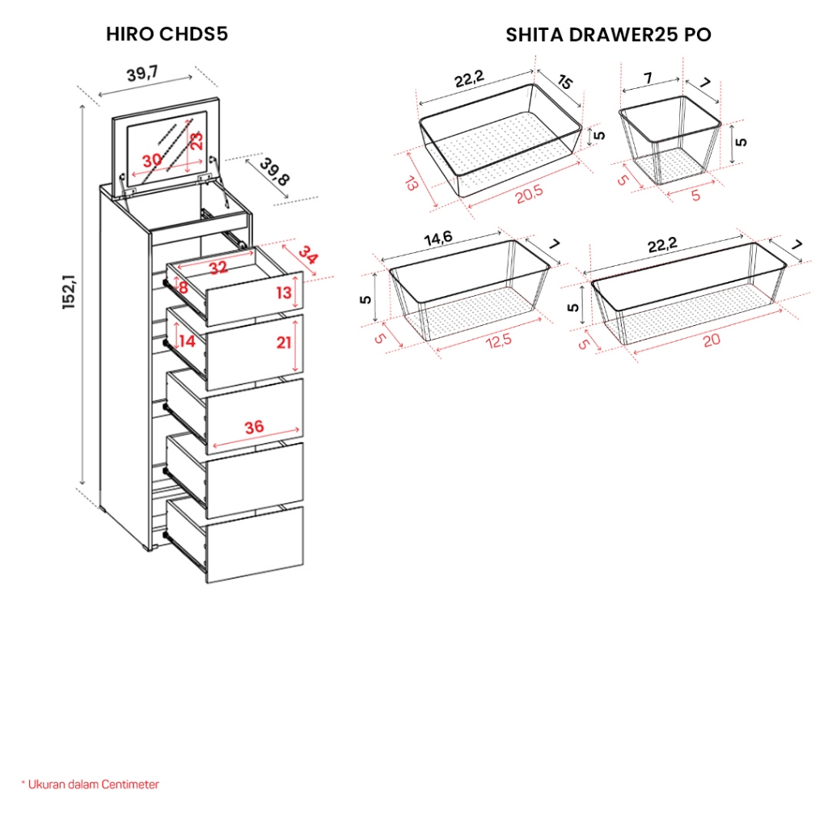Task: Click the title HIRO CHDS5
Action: click(x=167, y=34)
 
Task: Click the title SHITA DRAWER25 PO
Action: click(x=608, y=35)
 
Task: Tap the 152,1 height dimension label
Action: click(x=70, y=291)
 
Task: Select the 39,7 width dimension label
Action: click(x=142, y=73)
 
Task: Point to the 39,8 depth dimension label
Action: click(x=275, y=171)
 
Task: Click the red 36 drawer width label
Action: click(x=254, y=427)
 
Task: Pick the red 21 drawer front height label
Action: click(x=284, y=343)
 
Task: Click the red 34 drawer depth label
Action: click(x=308, y=255)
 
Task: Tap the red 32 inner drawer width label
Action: click(x=218, y=268)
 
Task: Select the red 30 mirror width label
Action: click(x=152, y=159)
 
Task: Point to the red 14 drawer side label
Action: click(x=187, y=341)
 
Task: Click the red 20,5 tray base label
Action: click(x=529, y=194)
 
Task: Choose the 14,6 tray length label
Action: click(x=438, y=239)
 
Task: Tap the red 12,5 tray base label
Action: click(x=499, y=341)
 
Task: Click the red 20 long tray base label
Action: click(x=712, y=340)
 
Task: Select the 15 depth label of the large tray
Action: click(x=564, y=82)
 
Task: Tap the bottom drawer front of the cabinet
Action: click(x=255, y=544)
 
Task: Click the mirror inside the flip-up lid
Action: click(x=167, y=142)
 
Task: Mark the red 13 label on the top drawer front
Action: click(x=284, y=292)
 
